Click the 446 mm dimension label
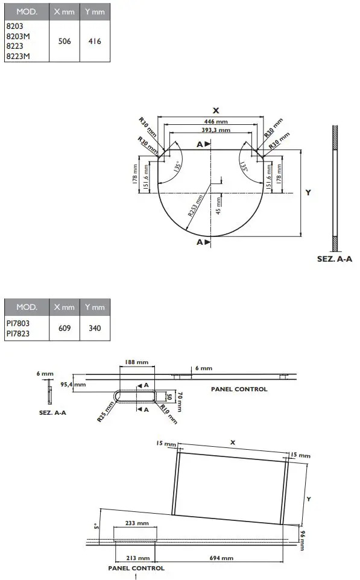(x=216, y=121)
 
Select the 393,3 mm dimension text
(x=216, y=130)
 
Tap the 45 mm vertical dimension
(x=218, y=206)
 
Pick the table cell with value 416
(x=95, y=42)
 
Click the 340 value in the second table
(x=95, y=329)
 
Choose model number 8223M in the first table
(x=17, y=56)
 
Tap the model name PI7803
(x=18, y=323)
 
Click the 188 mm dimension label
(x=136, y=362)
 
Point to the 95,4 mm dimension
(x=74, y=383)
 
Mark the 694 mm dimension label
(x=221, y=558)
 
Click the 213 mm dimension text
(x=138, y=558)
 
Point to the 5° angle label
(x=96, y=526)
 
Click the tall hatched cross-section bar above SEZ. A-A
(x=335, y=187)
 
